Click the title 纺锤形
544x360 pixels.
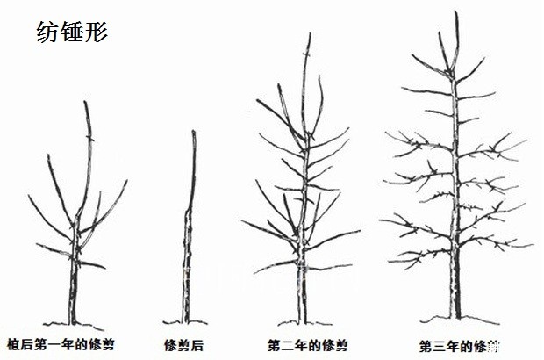(72, 32)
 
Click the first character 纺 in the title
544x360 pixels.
(48, 32)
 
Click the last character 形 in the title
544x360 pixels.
(96, 32)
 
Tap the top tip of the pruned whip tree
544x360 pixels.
(193, 132)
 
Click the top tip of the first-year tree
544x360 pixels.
(85, 102)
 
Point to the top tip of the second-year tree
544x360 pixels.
(309, 33)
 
